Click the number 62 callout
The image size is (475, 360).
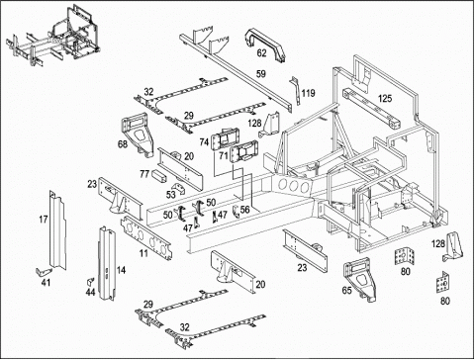261,53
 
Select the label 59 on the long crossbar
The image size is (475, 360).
261,73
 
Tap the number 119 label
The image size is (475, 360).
308,93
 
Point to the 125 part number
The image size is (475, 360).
385,98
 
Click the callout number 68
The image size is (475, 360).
123,144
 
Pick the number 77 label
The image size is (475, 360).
144,174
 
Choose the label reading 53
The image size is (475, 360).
170,195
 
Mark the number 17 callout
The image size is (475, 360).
44,220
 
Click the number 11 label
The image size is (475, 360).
143,253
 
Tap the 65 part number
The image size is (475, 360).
346,291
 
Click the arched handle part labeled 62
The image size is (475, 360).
266,45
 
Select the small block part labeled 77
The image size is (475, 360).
159,176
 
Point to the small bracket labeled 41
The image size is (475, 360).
44,271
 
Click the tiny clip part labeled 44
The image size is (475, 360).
90,282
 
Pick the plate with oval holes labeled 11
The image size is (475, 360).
146,237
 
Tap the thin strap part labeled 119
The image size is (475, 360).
295,90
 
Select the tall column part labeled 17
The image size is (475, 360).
56,229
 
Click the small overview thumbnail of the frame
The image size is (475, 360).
52,36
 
